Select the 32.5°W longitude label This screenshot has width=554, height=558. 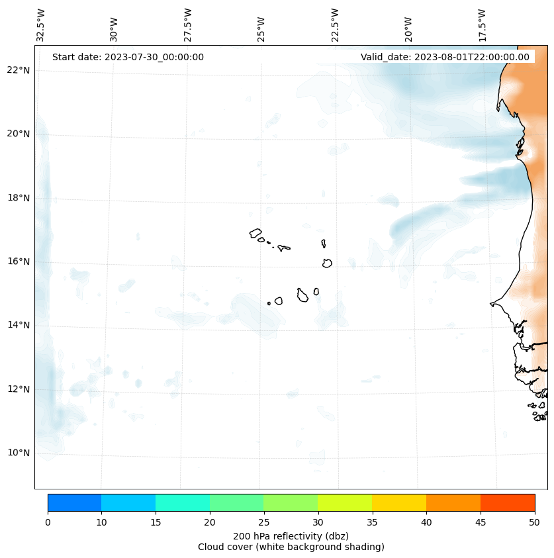coord(41,25)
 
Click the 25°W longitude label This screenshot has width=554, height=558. coord(261,30)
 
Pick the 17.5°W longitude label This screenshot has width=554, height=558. coord(482,25)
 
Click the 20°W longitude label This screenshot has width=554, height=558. coord(408,30)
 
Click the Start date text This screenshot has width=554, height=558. coord(128,57)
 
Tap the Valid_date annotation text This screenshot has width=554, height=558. coord(445,57)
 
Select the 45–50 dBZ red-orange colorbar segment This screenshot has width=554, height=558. coord(508,502)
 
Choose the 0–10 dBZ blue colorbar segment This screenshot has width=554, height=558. coord(74,502)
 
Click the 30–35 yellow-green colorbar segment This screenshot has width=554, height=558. coord(345,502)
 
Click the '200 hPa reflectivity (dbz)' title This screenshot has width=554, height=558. coord(291,535)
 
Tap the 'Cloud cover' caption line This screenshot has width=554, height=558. coord(291,547)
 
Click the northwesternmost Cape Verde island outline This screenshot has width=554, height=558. coord(255,233)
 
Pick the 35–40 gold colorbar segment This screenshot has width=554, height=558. coord(399,502)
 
